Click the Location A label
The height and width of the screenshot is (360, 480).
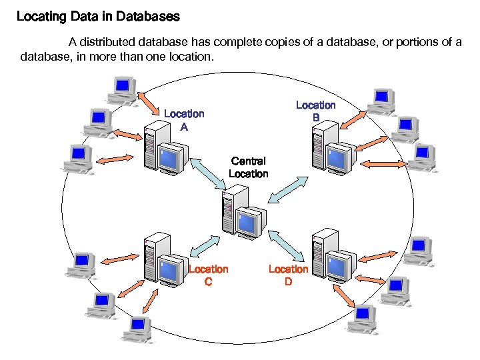184,120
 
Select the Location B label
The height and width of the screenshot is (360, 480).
315,111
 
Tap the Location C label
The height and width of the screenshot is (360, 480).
208,275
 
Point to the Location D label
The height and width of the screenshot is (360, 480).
288,275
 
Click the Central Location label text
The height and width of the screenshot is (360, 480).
248,167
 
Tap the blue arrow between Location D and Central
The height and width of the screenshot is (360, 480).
287,245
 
